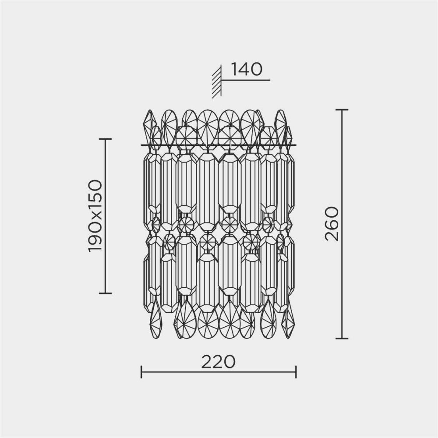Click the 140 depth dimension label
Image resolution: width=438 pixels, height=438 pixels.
247,69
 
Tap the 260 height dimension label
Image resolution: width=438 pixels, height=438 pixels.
332,224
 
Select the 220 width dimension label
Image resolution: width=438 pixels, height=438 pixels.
219,362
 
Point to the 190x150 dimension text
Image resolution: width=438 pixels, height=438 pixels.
95,216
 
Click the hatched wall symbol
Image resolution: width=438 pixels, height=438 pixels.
217,81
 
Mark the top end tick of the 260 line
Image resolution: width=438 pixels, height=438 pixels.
342,110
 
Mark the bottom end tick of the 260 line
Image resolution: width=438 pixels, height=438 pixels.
342,338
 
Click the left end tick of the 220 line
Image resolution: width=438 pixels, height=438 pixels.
141,372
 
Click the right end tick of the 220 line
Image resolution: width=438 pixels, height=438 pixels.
296,372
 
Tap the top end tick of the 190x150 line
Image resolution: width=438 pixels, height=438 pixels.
105,139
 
